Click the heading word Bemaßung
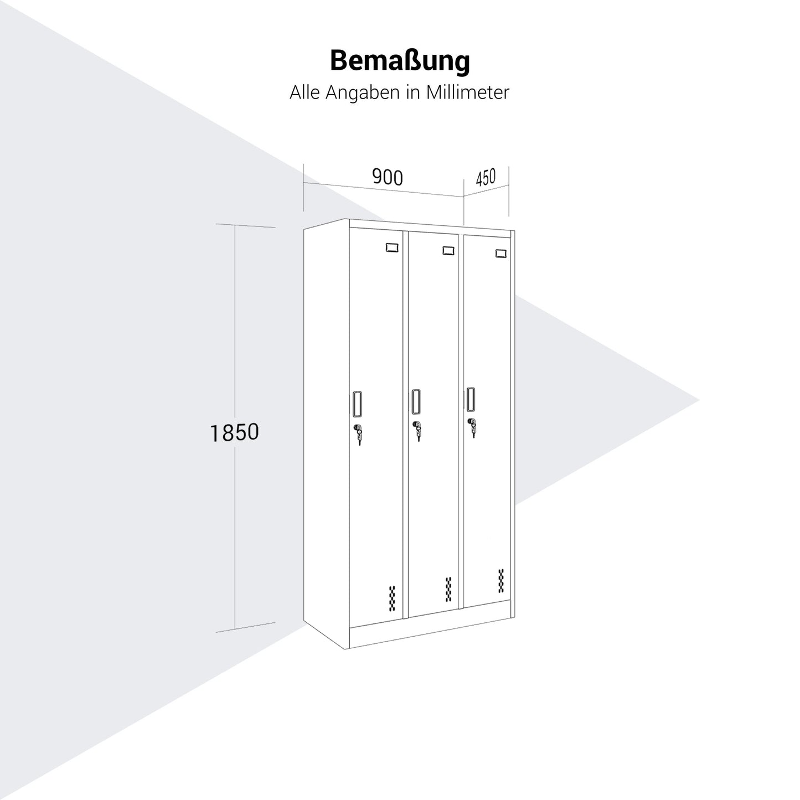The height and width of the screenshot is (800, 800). [x=400, y=61]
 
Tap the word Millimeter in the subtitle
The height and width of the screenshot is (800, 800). [x=467, y=92]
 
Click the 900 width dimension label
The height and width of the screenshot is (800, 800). [x=388, y=177]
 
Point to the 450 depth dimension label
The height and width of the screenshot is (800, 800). [x=486, y=177]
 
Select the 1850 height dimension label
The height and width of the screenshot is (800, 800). [x=235, y=432]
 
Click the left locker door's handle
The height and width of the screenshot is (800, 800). [x=357, y=404]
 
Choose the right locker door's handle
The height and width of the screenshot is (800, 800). [x=471, y=399]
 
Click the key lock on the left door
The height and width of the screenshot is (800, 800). [x=358, y=433]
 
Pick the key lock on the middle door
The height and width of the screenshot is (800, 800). [x=417, y=431]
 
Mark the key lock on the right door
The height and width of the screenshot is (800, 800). [x=472, y=427]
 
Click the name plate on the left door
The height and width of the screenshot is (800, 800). [x=392, y=247]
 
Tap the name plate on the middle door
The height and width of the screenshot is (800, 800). [x=448, y=250]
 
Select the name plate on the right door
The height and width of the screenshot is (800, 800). [x=501, y=253]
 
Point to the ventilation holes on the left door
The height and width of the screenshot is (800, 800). [x=392, y=598]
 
